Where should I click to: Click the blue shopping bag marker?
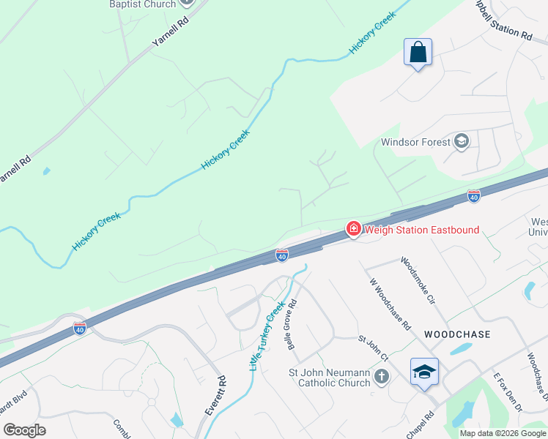418,53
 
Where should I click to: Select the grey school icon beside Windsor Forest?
462,141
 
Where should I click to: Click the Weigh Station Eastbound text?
422,230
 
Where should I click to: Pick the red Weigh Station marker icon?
353,230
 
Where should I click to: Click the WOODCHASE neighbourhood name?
457,334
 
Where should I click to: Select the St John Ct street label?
373,348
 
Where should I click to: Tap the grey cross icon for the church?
381,377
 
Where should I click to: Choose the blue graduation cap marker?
424,372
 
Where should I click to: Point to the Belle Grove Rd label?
292,324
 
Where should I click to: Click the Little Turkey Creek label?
265,336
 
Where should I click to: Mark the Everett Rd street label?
216,395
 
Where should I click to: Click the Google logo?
25,430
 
